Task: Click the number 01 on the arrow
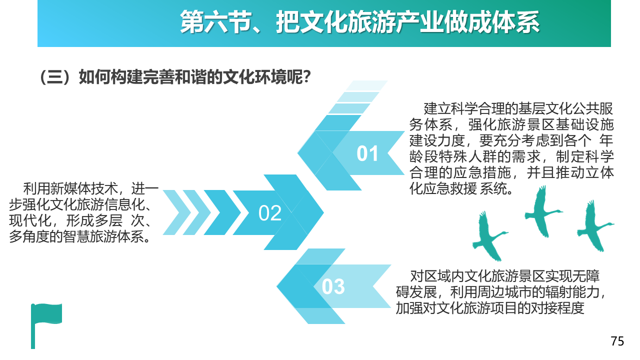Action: point(367,153)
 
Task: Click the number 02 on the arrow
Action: point(270,213)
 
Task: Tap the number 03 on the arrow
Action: point(333,286)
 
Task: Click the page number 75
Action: point(617,341)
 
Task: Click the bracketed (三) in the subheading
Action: point(55,77)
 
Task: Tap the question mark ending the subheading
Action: point(307,77)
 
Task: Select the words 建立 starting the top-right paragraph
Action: point(437,109)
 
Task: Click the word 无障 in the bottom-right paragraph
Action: point(586,276)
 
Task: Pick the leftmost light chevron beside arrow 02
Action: point(177,212)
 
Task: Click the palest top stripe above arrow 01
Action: point(366,85)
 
